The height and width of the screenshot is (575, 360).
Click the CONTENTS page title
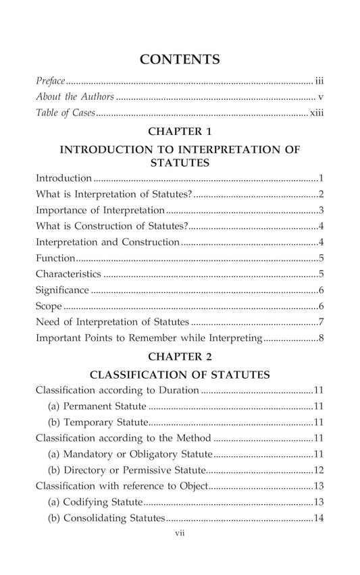[x=180, y=59]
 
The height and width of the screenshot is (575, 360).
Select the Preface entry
[x=51, y=80]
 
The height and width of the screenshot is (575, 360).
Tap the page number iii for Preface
[x=319, y=80]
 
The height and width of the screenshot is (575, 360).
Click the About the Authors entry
[x=74, y=97]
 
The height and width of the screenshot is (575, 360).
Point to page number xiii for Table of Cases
[x=317, y=113]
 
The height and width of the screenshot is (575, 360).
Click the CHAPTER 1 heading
[x=180, y=132]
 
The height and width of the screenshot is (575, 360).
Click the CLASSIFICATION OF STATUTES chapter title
[x=180, y=374]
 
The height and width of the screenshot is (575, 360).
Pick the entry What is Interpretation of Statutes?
[x=113, y=194]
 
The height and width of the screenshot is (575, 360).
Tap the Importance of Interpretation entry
[x=100, y=210]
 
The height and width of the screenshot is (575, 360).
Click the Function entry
[x=55, y=258]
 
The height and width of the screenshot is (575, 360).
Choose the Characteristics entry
[x=68, y=274]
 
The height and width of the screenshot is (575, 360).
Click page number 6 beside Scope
[x=322, y=306]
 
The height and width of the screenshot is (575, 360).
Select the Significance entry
[x=62, y=290]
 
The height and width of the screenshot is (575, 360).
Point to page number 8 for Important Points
[x=322, y=337]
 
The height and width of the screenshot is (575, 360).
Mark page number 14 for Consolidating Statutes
[x=319, y=518]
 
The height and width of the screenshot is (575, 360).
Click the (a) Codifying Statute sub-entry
[x=95, y=502]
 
